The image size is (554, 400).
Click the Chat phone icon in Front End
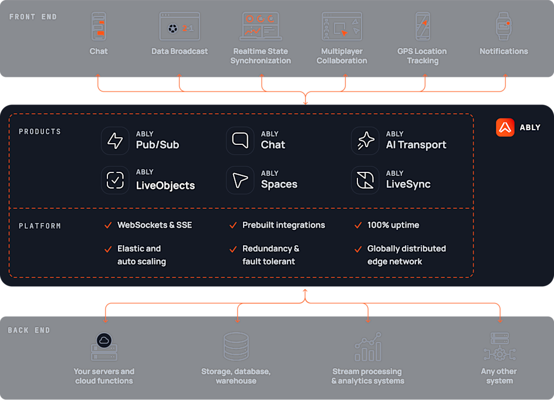point(98,26)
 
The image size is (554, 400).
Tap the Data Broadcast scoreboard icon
point(180,26)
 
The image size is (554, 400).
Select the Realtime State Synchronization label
point(261,56)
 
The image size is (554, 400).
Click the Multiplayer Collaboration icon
point(342,26)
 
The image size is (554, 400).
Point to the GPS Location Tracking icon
point(423,26)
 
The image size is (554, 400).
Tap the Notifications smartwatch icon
point(503,26)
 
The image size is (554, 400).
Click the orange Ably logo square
point(505,127)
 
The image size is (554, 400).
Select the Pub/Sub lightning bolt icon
point(115,141)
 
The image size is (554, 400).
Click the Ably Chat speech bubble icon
point(240,141)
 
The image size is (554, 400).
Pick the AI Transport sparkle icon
point(365,141)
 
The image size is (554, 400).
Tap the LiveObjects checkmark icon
point(115,180)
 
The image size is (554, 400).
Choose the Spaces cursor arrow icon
point(240,180)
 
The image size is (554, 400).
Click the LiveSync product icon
point(365,180)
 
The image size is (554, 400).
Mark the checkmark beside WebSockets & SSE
point(108,225)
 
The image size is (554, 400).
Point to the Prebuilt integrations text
point(283,225)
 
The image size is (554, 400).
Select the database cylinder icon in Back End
point(236,347)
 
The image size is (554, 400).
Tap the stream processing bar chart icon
point(368,347)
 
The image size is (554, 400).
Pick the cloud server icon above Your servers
point(104,347)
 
